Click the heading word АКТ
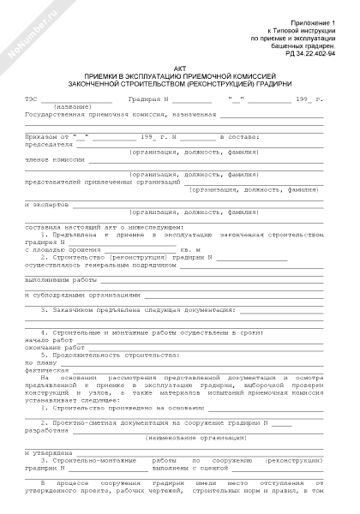click(x=179, y=68)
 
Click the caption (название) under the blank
click(x=55, y=107)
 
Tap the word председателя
click(x=46, y=145)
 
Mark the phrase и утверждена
click(x=48, y=451)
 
